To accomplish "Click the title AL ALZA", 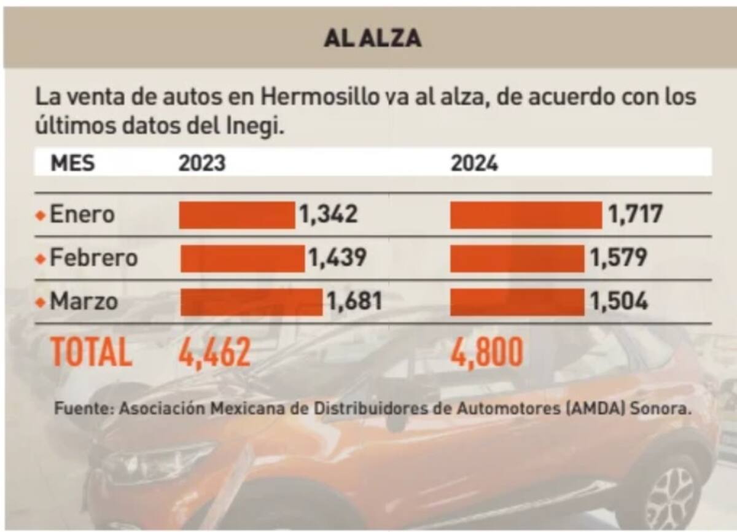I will point(372,38).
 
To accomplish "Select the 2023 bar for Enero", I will point(237,215).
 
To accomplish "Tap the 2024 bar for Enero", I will point(526,215).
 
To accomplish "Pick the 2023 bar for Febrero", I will point(242,259).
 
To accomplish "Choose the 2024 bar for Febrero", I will point(517,259).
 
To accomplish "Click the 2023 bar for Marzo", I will point(251,302).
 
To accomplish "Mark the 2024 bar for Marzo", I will point(517,302).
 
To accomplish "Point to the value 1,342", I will point(328,215).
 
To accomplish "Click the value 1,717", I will point(635,215).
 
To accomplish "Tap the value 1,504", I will point(618,302).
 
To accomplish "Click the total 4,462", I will point(214,353).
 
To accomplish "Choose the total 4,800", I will point(487,353).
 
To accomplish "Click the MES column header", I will point(72,163).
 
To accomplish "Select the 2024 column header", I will point(474,163).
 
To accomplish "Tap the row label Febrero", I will point(93,259).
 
